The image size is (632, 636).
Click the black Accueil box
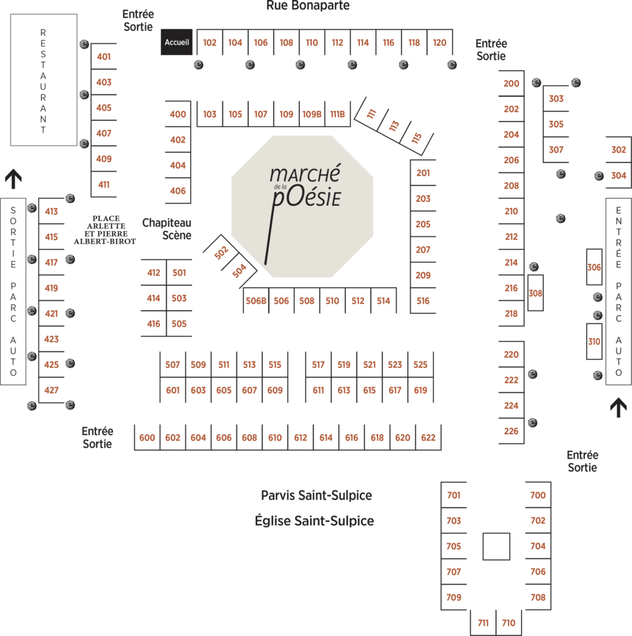177,42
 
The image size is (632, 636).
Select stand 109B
312,114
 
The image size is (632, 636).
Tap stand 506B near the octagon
256,301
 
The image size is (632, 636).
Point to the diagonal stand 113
394,126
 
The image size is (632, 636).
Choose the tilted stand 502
221,253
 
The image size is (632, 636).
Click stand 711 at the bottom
483,622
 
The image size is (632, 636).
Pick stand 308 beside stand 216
536,293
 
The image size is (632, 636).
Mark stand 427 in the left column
51,390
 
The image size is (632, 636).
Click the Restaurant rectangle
43,80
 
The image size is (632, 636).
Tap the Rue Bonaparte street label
308,6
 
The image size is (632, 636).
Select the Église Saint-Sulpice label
314,521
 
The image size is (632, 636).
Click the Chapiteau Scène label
167,228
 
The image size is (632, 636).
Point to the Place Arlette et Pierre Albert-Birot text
105,230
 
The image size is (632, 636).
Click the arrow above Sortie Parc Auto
14,179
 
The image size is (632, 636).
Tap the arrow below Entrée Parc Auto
618,408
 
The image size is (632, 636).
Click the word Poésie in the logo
307,197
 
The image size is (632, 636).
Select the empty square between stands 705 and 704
496,546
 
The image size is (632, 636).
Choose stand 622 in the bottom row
428,438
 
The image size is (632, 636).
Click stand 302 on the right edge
618,149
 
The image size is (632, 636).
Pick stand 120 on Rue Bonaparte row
439,42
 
